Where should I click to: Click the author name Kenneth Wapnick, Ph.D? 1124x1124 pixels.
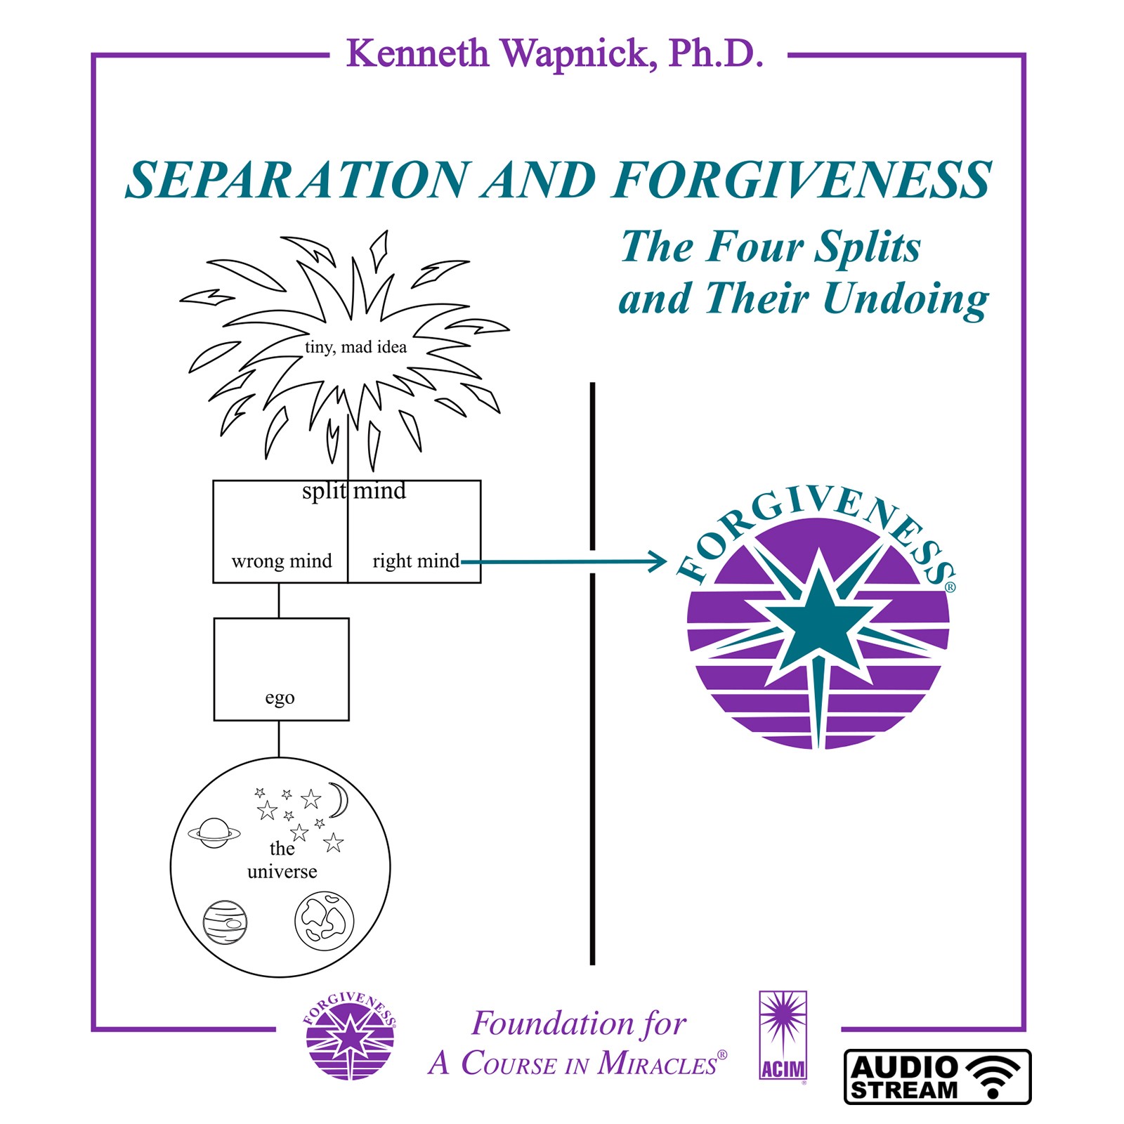point(554,53)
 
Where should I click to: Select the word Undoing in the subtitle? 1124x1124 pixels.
point(906,299)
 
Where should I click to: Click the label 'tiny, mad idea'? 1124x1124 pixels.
point(355,347)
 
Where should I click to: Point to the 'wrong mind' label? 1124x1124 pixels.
point(282,561)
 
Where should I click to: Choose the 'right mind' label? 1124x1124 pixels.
point(415,561)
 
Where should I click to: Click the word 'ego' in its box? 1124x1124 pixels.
point(280,698)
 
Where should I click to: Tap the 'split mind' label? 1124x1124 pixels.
point(354,490)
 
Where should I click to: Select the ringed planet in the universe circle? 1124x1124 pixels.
point(214,833)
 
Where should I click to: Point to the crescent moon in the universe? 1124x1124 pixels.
point(339,800)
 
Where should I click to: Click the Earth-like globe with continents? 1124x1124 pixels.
point(324,920)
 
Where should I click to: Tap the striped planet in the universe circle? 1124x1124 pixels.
point(225,922)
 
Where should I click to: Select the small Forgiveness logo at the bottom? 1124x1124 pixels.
point(350,1036)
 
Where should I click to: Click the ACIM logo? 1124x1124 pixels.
point(783,1035)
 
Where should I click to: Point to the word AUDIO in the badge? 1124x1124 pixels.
point(904,1068)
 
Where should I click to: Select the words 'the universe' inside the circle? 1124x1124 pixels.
point(282,860)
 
